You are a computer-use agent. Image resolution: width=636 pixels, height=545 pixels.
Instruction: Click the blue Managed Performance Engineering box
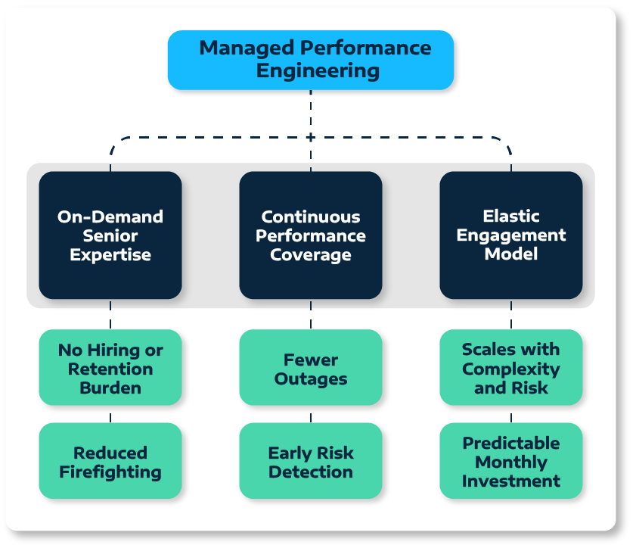(x=310, y=60)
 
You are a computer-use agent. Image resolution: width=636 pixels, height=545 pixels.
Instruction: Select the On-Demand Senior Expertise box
(x=110, y=235)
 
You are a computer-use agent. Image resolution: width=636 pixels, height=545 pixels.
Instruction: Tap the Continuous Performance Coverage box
(x=311, y=235)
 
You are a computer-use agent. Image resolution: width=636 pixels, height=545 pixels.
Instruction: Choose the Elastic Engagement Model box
(x=511, y=235)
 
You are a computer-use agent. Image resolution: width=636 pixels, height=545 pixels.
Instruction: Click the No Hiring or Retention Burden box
(x=110, y=368)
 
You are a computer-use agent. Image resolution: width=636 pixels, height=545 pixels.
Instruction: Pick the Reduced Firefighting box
(x=110, y=461)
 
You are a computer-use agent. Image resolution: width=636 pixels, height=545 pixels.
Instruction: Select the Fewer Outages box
(x=311, y=368)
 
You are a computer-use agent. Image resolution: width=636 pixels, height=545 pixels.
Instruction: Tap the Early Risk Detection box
(x=311, y=461)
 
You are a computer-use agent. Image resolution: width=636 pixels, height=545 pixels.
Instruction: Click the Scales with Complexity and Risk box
(x=511, y=368)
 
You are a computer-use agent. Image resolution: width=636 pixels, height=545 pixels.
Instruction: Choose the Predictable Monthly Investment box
(x=511, y=461)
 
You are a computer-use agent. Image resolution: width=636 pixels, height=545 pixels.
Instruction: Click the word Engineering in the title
(x=318, y=72)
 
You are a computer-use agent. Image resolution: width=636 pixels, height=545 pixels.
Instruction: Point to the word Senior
(x=110, y=235)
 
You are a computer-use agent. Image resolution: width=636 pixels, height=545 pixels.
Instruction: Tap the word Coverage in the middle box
(x=311, y=255)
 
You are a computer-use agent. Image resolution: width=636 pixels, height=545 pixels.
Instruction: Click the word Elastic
(x=511, y=216)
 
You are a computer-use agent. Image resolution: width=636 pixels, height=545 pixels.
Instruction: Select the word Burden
(x=110, y=388)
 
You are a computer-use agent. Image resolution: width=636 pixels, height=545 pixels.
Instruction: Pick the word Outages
(x=311, y=378)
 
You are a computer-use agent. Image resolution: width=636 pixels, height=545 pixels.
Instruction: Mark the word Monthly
(x=511, y=462)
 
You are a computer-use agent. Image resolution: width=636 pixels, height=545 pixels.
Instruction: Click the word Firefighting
(x=110, y=472)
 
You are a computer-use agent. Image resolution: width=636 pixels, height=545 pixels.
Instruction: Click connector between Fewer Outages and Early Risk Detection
(x=311, y=414)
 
